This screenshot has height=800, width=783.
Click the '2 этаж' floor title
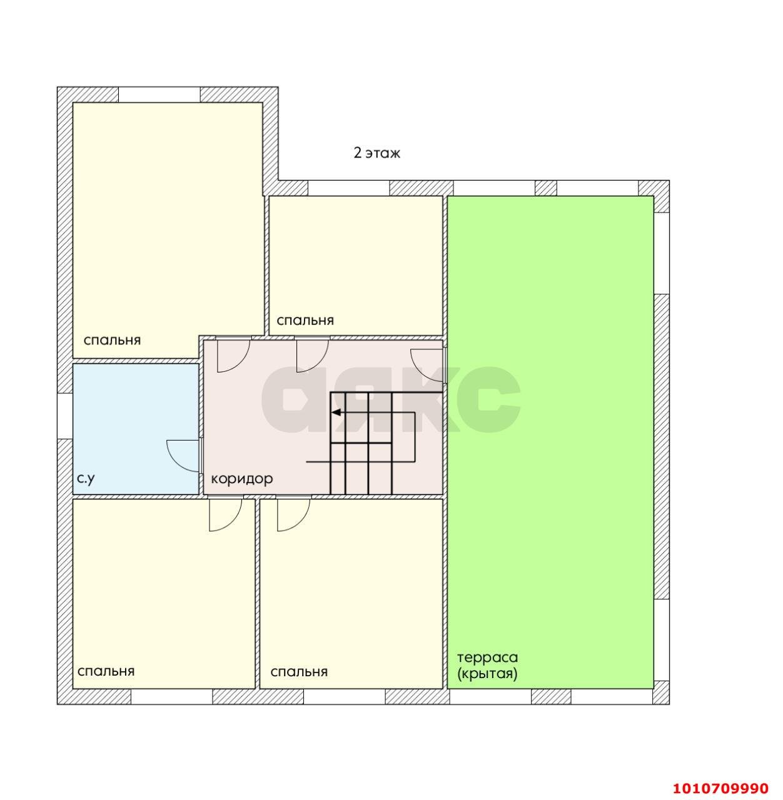(x=376, y=153)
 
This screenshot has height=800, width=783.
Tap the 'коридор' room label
(x=242, y=479)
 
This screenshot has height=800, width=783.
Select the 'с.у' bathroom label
(x=86, y=479)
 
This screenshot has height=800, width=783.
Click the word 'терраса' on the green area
(x=488, y=658)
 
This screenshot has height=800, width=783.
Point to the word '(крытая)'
(x=487, y=674)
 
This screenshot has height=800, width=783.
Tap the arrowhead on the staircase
(x=336, y=412)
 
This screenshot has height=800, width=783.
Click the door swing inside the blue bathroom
(x=183, y=456)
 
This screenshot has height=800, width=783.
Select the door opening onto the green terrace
(x=428, y=366)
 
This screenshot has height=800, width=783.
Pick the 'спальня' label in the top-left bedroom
(x=112, y=341)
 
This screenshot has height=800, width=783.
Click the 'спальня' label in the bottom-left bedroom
(x=106, y=671)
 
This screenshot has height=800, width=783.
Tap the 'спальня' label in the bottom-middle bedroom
(x=299, y=672)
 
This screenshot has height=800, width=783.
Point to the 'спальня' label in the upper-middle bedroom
(x=305, y=321)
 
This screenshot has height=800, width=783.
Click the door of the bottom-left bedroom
(x=226, y=514)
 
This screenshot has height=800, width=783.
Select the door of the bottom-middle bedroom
(x=293, y=514)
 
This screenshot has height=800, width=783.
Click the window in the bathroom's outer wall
(x=64, y=416)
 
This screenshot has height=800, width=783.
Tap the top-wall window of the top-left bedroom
(x=159, y=94)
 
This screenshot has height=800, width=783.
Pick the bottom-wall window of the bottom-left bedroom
(x=171, y=697)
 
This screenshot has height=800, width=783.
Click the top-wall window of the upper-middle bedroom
(x=348, y=188)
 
